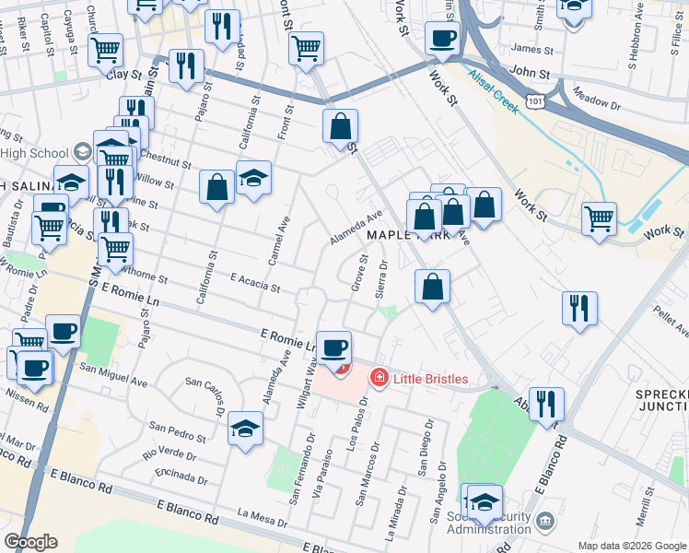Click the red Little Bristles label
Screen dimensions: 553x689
(431, 379)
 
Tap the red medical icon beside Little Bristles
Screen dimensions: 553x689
(378, 378)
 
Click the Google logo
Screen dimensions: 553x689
(30, 542)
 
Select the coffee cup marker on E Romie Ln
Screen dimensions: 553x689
(334, 348)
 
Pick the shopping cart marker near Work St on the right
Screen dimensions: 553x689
(600, 219)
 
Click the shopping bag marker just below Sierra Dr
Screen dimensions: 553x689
(432, 288)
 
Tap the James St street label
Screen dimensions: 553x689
(531, 49)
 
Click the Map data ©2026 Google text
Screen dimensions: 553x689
(631, 546)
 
